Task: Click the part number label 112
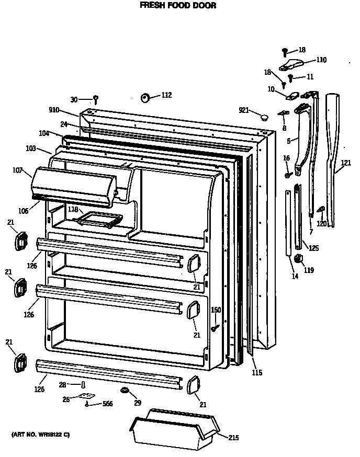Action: [166, 95]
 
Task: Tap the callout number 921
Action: [243, 110]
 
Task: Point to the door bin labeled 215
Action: [172, 428]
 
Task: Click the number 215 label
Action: [234, 438]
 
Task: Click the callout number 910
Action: [54, 110]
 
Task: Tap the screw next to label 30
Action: [96, 99]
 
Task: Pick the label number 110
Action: [320, 60]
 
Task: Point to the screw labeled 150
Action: [215, 328]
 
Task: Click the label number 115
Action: [256, 373]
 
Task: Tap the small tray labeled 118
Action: [99, 220]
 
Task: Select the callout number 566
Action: [107, 403]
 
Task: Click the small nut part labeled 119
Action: [299, 258]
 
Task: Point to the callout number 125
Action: [313, 248]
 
